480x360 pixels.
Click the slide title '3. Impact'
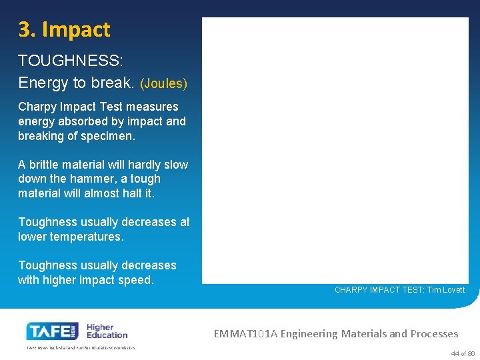[64, 30]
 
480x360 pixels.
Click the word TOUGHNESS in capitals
[69, 61]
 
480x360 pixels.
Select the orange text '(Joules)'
[163, 84]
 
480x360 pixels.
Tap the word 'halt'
[125, 193]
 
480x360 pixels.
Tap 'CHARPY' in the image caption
[351, 290]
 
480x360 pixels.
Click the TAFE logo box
[53, 331]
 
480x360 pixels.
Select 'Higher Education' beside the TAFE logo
[107, 331]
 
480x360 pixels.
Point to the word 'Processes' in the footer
[434, 333]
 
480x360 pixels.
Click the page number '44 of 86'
[463, 353]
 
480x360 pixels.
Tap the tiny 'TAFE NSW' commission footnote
[80, 348]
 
